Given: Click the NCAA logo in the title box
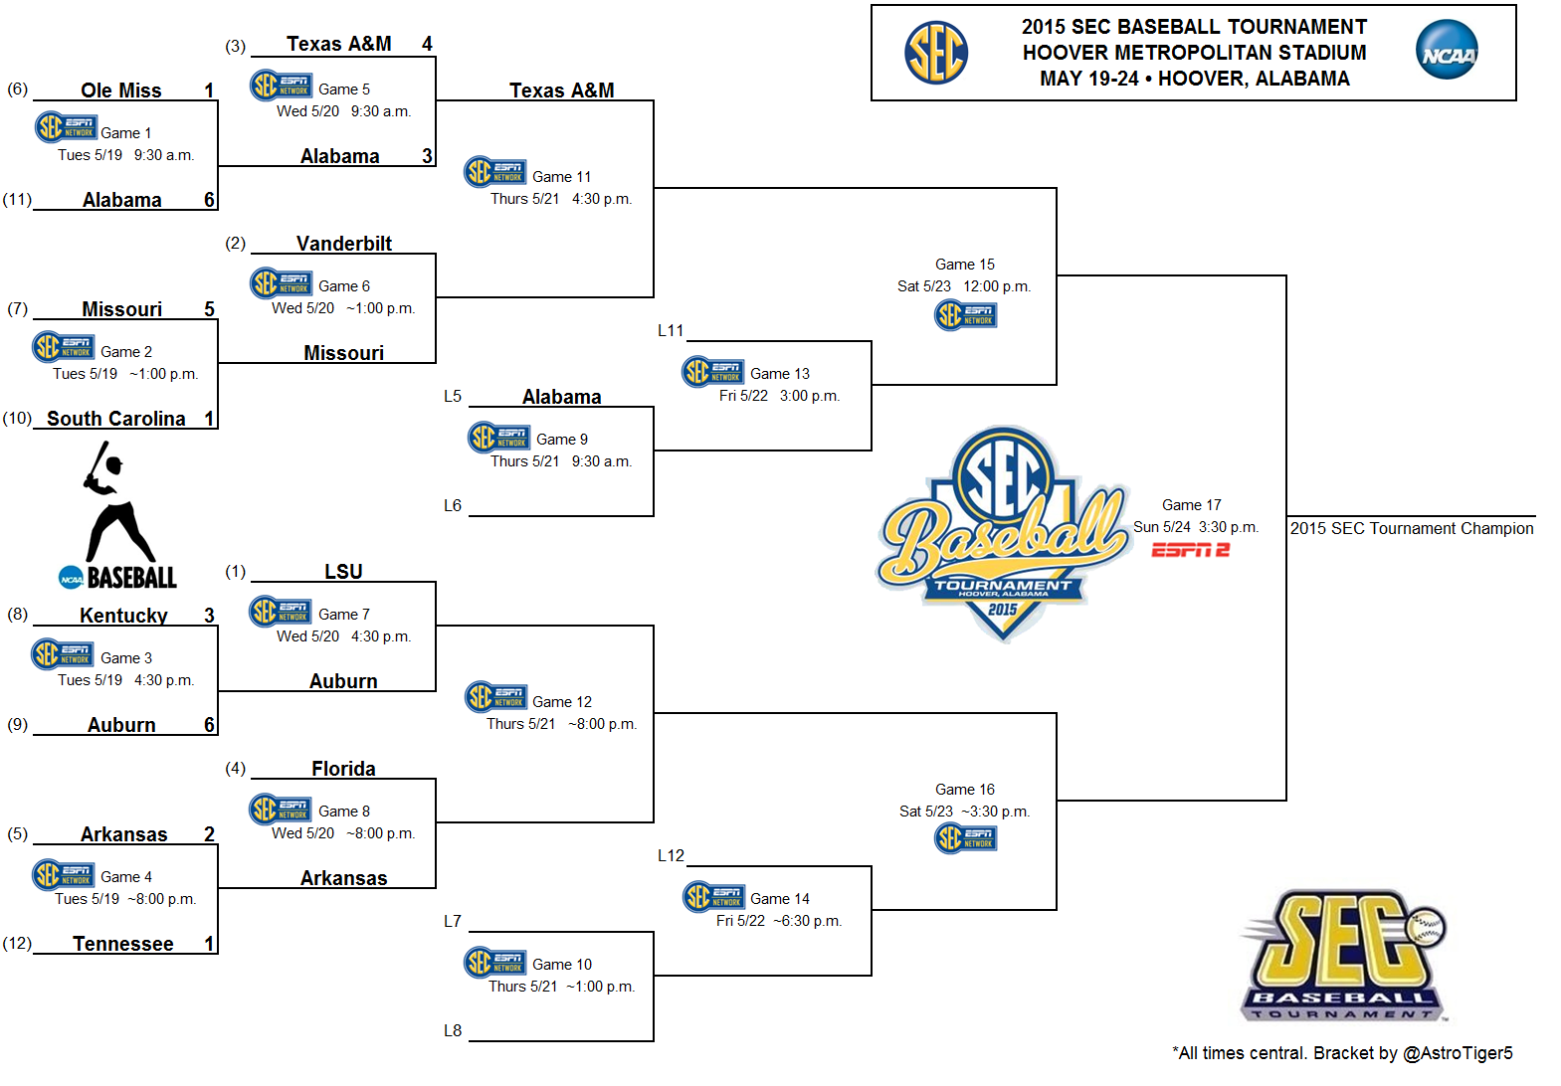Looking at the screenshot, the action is (x=1447, y=50).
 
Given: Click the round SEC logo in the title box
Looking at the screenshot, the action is (x=936, y=53).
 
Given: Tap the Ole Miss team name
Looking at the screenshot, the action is (x=121, y=90).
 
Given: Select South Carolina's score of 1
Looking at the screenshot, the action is (x=209, y=419).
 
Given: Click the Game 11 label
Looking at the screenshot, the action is (x=562, y=177).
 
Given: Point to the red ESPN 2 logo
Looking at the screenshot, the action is (x=1190, y=550).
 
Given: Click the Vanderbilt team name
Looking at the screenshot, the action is (x=344, y=244).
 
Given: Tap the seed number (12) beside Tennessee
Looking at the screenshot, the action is (x=18, y=943).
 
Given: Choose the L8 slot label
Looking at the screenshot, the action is (x=453, y=1030).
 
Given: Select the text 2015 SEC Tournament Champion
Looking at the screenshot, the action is (x=1412, y=529).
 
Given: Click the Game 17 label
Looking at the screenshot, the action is (x=1192, y=505).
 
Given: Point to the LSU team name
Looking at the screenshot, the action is (x=343, y=572).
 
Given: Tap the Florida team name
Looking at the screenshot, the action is (x=343, y=769).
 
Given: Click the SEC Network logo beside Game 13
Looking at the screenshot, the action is (x=712, y=372).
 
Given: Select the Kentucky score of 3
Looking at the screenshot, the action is (x=209, y=616).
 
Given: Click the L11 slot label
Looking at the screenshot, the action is (x=671, y=331).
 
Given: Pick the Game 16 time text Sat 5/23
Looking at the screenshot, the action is (x=925, y=812).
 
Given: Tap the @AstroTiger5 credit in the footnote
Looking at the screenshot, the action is (x=1458, y=1053).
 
